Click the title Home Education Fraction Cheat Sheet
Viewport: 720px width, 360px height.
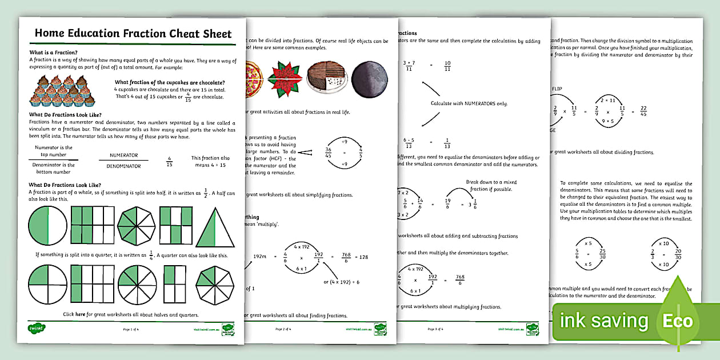click(x=133, y=33)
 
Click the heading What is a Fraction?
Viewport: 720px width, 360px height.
click(x=54, y=52)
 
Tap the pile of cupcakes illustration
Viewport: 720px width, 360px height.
click(x=62, y=90)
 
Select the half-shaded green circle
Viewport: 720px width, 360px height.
click(x=47, y=225)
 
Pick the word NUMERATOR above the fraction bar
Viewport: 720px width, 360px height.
click(x=124, y=155)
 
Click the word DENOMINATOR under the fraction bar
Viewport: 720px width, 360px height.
click(x=124, y=166)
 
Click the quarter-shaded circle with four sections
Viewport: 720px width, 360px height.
click(x=47, y=284)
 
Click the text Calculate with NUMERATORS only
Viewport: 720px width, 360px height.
click(x=469, y=103)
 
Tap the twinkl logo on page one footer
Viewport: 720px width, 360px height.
click(x=37, y=329)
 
